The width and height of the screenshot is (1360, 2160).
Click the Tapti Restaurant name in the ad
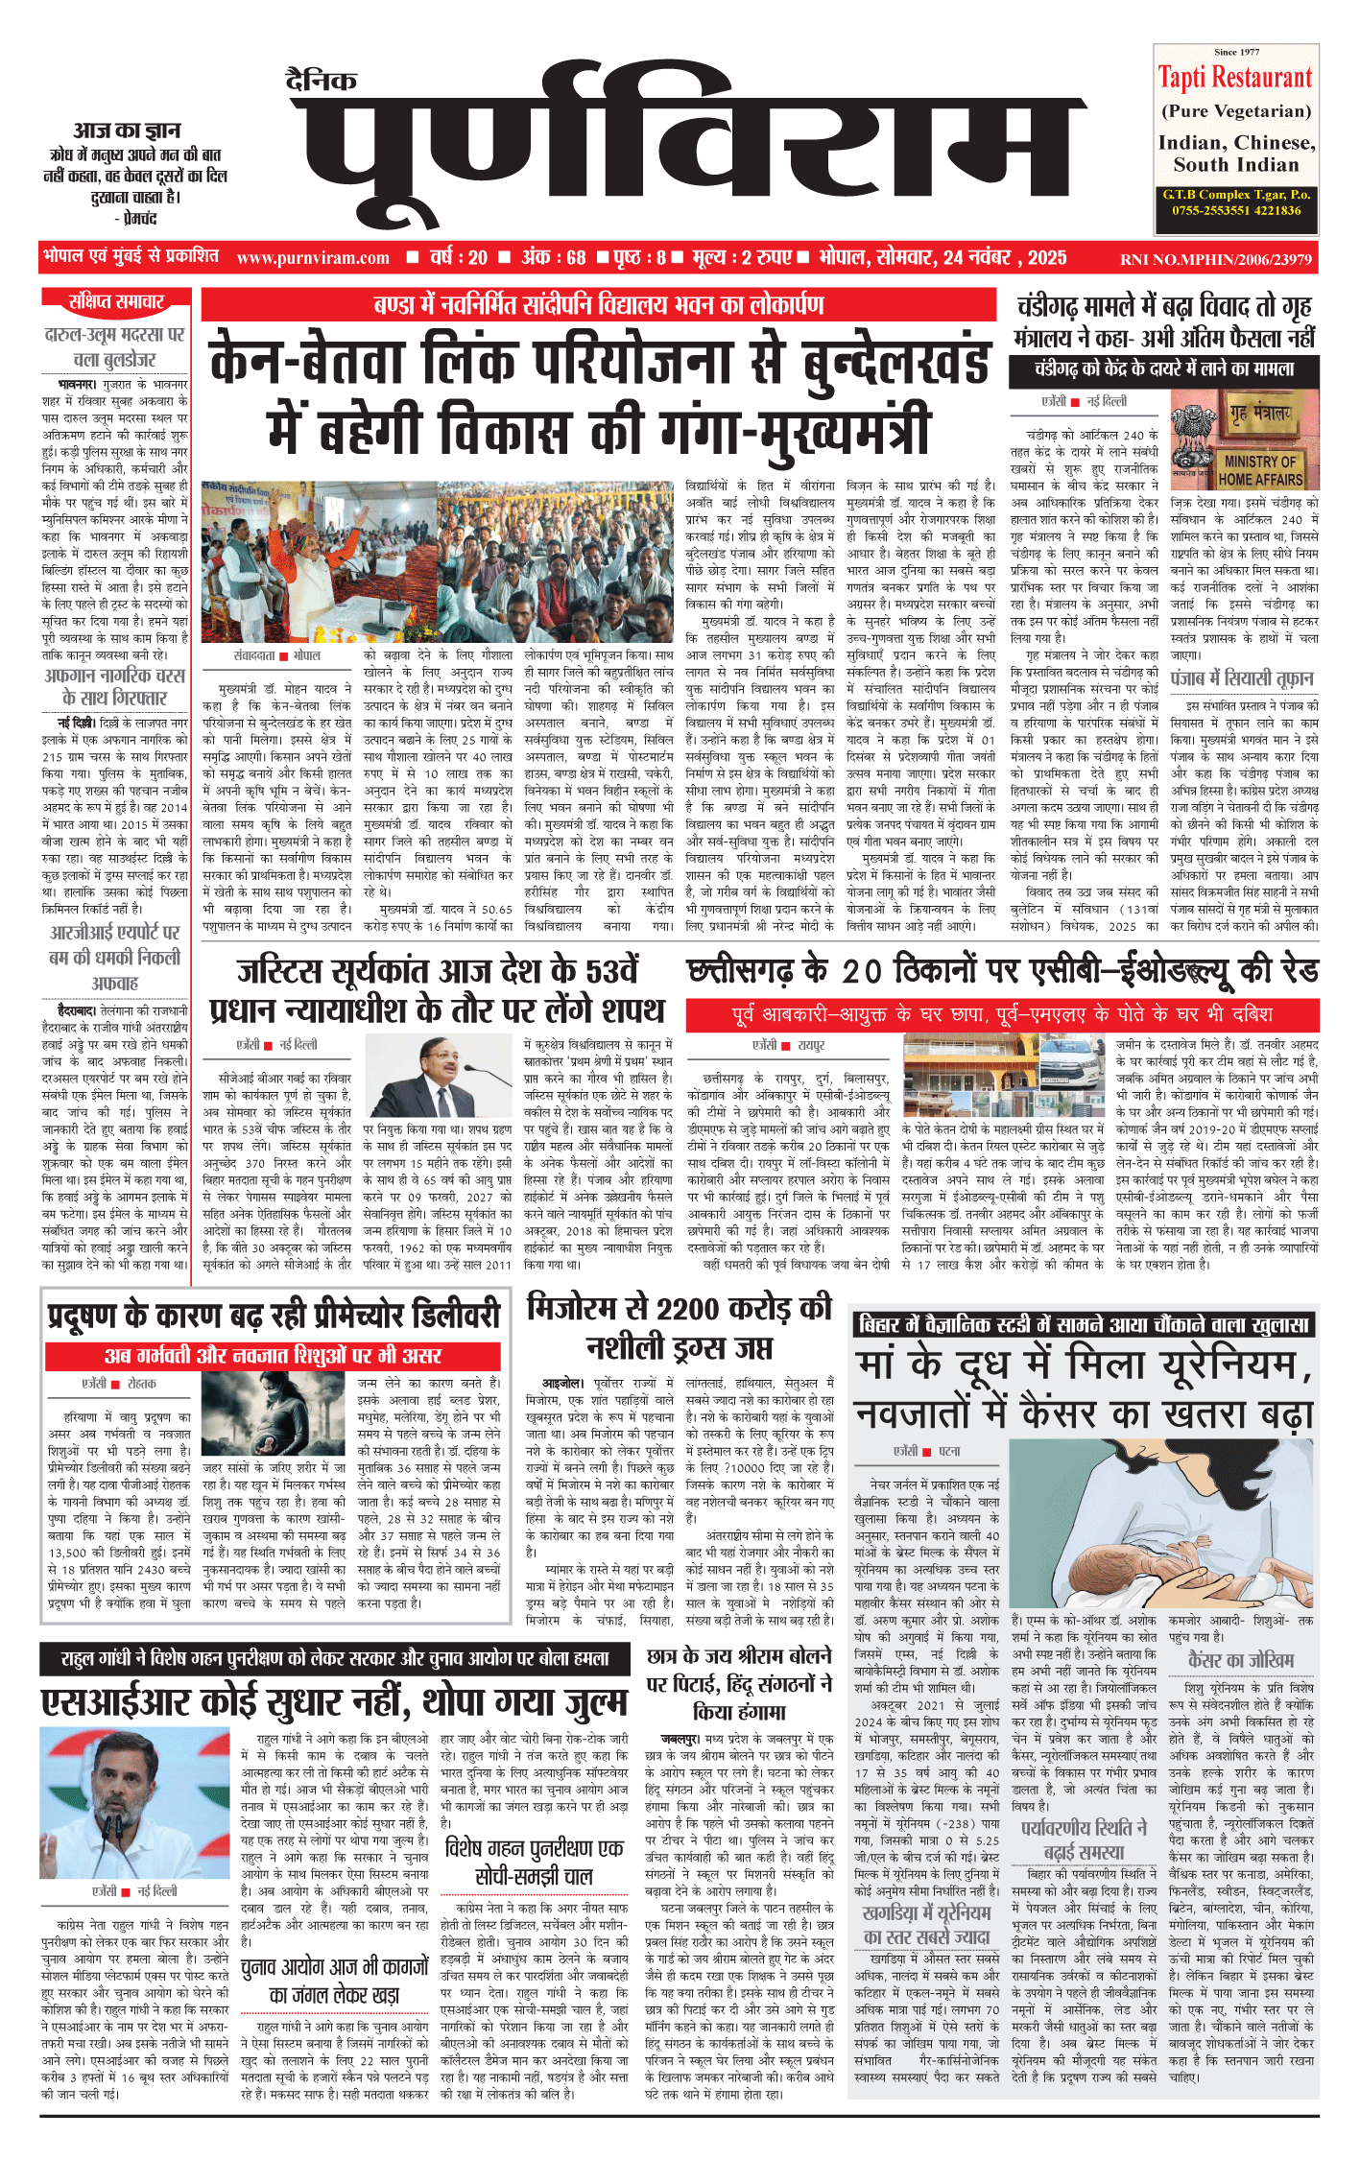pyautogui.click(x=1234, y=78)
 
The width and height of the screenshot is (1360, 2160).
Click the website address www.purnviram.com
pyautogui.click(x=313, y=258)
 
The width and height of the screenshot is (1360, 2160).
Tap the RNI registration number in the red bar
pyautogui.click(x=1215, y=259)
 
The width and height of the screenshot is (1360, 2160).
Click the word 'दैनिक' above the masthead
pyautogui.click(x=322, y=81)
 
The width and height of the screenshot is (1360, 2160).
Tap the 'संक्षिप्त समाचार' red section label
pyautogui.click(x=116, y=302)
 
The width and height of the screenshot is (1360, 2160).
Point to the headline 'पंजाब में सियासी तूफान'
pyautogui.click(x=1242, y=679)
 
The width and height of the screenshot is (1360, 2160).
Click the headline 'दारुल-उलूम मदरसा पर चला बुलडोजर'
pyautogui.click(x=114, y=347)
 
